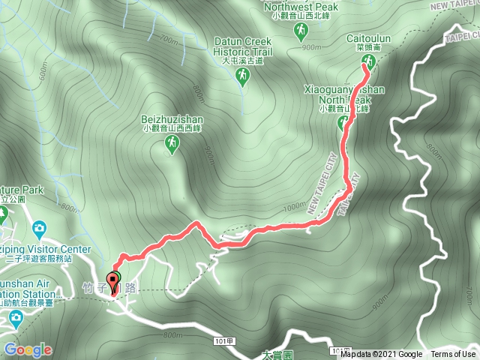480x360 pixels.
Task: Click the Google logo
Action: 28,349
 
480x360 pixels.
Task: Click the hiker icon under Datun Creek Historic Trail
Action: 242,75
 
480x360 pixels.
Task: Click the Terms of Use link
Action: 453,355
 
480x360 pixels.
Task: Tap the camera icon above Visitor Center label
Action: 39,228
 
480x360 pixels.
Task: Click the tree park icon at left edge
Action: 2,214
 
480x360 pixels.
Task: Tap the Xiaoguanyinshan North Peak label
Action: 344,94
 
